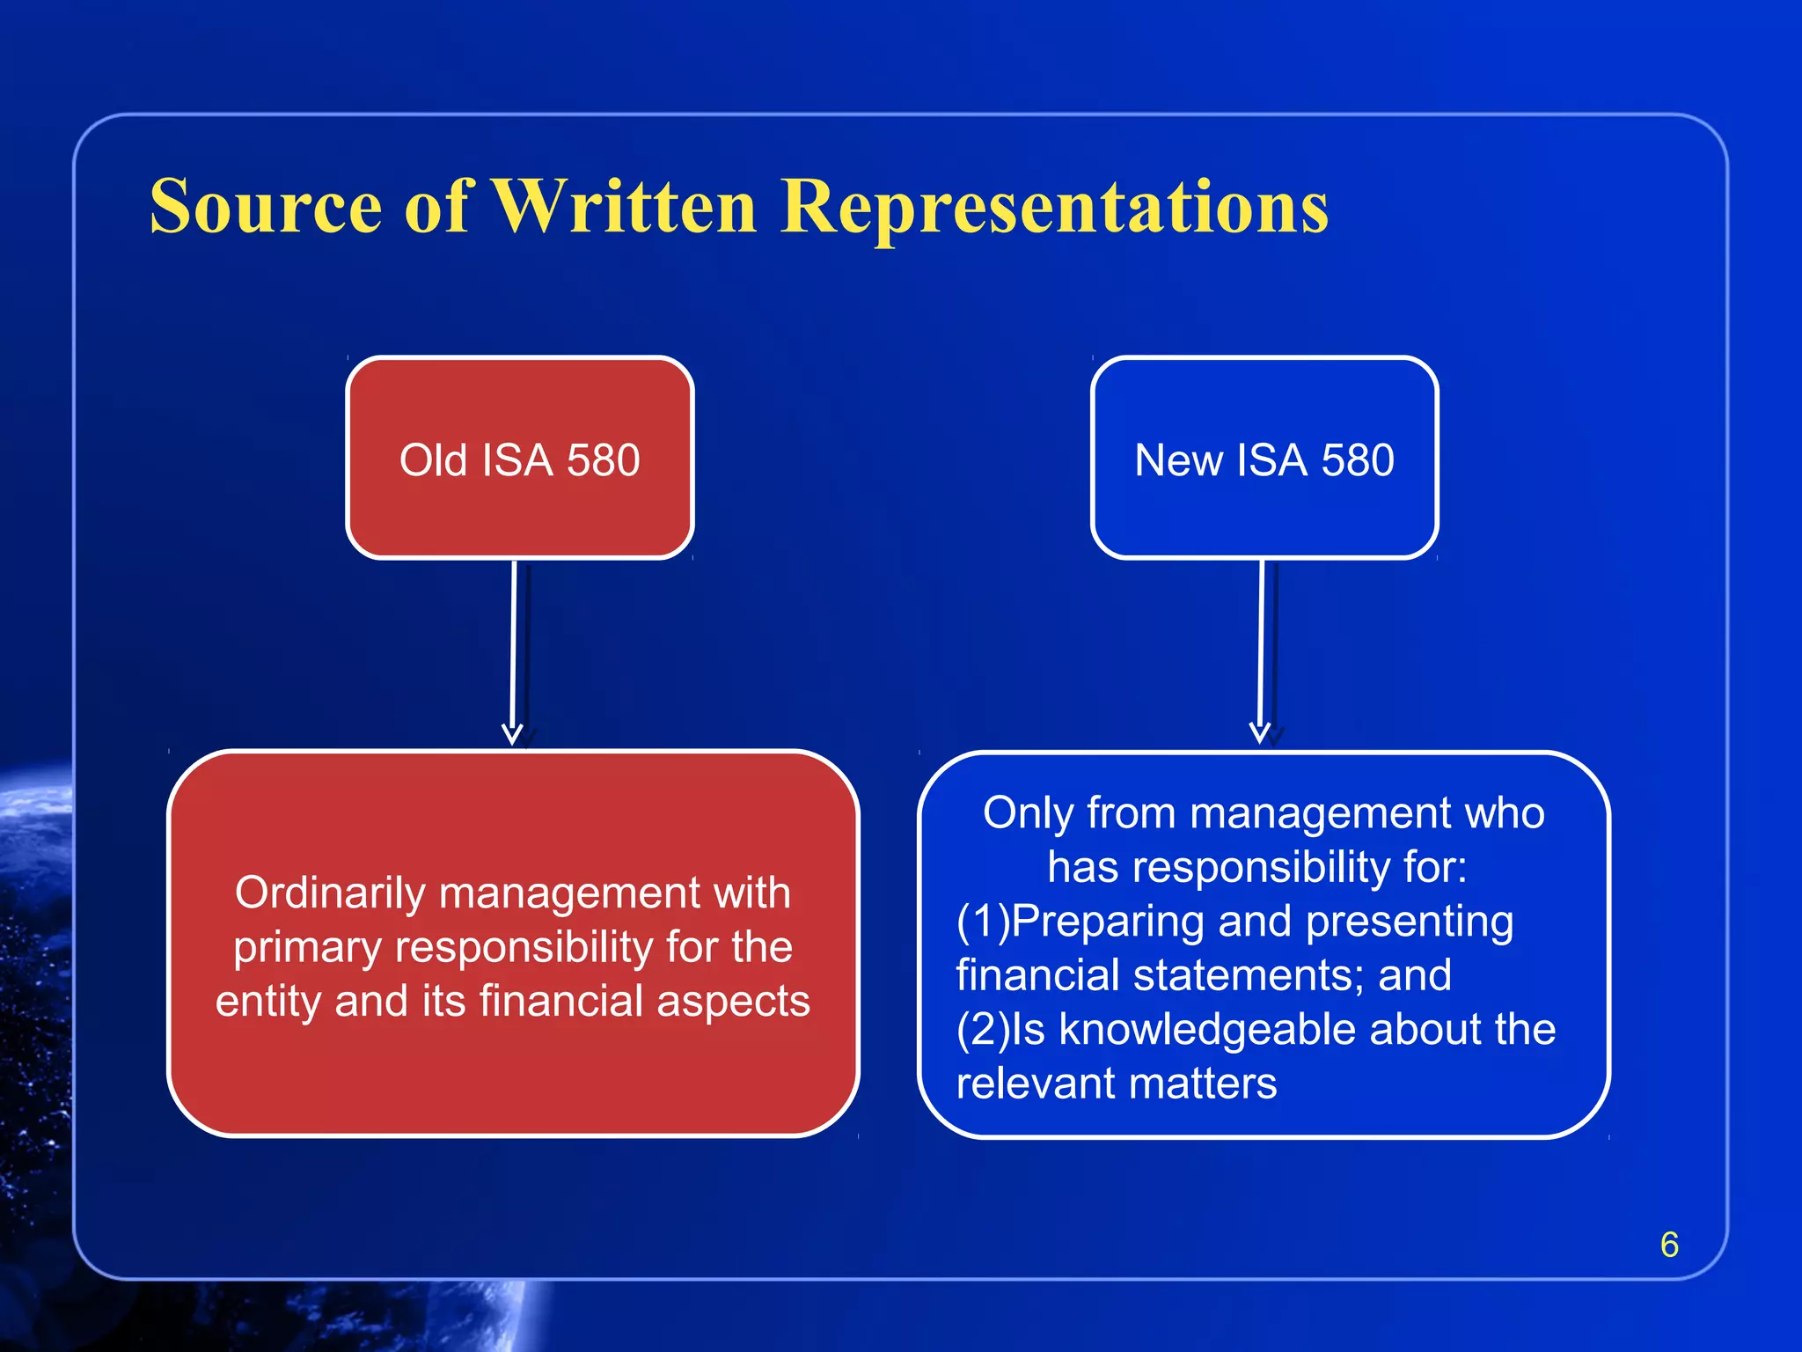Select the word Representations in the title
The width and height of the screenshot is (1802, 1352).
(1054, 208)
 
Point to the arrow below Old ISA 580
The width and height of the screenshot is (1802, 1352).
(513, 651)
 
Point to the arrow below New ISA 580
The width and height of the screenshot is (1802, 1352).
(1261, 651)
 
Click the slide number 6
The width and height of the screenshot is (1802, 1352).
(1669, 1245)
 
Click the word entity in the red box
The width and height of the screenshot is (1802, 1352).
(267, 1002)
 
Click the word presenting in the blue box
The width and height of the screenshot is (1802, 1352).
(1410, 922)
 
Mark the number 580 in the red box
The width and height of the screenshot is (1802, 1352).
(603, 460)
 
